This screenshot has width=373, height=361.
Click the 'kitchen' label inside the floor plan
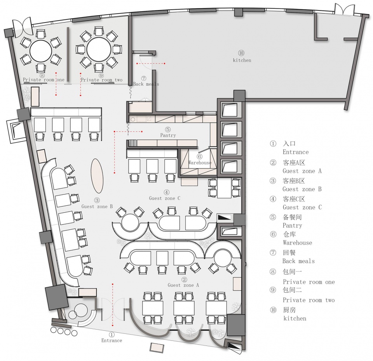pos(242,61)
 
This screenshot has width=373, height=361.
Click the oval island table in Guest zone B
pos(97,176)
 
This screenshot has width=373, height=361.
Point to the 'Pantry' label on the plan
pos(168,135)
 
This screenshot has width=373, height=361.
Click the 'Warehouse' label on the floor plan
pos(200,163)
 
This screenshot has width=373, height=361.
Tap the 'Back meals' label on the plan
pos(146,84)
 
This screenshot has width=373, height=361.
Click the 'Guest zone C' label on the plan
pos(165,198)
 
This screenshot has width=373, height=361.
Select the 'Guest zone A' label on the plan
pos(183,285)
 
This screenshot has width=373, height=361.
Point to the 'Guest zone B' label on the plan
pos(97,207)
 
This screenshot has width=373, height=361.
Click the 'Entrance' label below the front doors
pos(112,340)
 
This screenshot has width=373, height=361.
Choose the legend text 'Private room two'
pos(309,300)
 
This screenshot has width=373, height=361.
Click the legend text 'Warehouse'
pos(297,243)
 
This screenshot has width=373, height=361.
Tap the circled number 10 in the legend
pos(273,310)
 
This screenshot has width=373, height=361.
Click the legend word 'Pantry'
pos(292,225)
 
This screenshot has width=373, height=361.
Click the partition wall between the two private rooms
pos(68,54)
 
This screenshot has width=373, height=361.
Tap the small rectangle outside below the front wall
pos(157,348)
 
